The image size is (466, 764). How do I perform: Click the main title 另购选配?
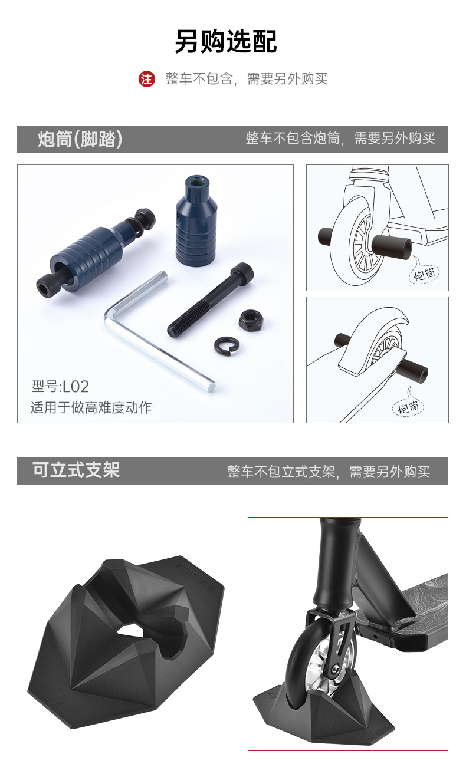226,42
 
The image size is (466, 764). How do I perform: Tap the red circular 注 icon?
147,78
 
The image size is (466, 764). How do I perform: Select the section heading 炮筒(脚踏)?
80,139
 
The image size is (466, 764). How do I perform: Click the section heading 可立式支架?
76,470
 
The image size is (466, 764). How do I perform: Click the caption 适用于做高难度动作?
91,407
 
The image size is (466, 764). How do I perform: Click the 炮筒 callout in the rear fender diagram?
409,407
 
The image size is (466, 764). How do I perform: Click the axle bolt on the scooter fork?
335,668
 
